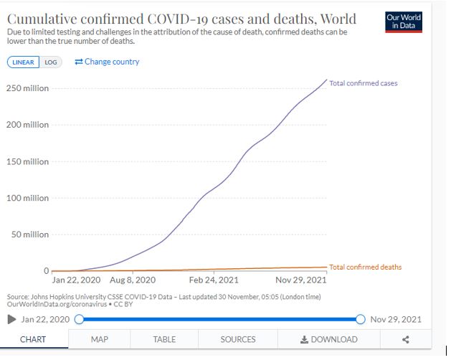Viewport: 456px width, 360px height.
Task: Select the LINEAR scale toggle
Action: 24,62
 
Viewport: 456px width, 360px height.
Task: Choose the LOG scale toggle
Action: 51,62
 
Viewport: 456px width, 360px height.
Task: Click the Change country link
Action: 108,62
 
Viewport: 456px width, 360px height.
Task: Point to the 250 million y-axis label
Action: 27,88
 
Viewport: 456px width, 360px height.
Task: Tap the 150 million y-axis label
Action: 27,161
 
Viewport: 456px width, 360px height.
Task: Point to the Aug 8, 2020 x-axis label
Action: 132,280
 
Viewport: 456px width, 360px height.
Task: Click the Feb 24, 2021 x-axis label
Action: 214,280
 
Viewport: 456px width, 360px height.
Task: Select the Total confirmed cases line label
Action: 363,83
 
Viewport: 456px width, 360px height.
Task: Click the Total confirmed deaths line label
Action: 366,267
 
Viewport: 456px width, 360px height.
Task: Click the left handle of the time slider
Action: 79,319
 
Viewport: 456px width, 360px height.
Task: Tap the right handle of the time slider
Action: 361,319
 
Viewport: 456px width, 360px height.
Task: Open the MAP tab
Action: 99,339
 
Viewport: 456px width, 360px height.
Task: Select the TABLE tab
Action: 164,339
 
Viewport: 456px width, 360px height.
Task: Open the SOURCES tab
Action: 237,339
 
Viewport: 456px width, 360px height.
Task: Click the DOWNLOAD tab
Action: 328,339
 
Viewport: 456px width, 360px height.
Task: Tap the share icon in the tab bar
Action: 406,339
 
